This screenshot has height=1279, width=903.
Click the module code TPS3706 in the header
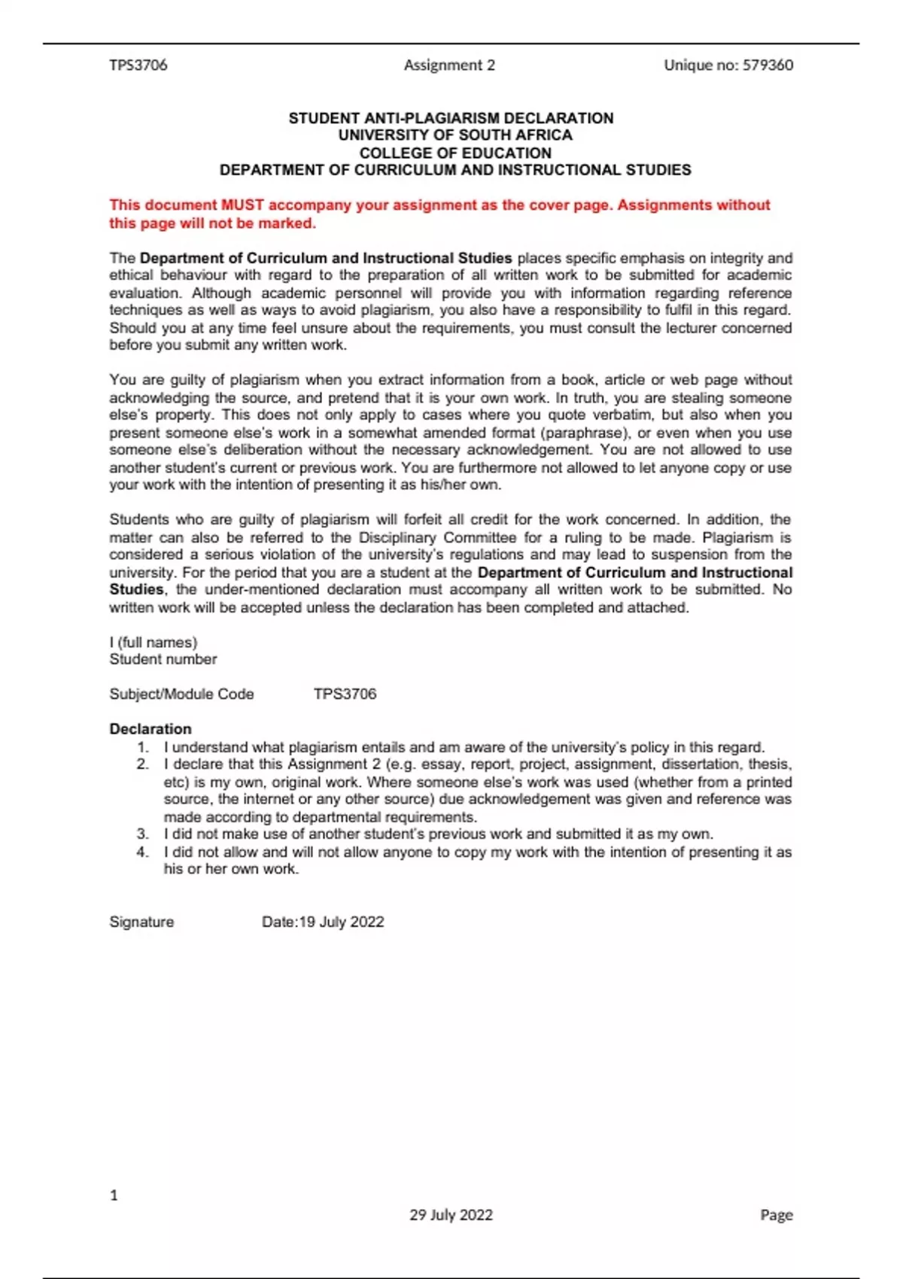click(x=138, y=65)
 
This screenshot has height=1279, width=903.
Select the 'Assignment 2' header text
click(x=449, y=65)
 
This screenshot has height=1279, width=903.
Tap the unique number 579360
click(x=768, y=65)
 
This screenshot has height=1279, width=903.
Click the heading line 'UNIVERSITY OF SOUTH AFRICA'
click(x=455, y=135)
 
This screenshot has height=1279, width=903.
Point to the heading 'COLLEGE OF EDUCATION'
click(x=455, y=153)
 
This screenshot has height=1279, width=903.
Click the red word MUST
click(x=242, y=205)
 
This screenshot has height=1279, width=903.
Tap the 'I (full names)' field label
click(x=154, y=643)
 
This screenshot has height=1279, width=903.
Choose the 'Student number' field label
click(x=163, y=660)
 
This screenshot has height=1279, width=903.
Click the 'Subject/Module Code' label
click(x=181, y=694)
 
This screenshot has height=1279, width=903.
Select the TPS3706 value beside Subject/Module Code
click(x=345, y=694)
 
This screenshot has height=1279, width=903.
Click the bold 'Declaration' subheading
click(x=150, y=729)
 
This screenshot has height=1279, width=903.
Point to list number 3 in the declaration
click(x=143, y=834)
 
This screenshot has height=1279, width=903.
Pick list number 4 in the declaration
click(x=143, y=852)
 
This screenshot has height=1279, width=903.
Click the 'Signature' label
click(x=141, y=922)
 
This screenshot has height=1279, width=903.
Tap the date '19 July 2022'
click(x=342, y=922)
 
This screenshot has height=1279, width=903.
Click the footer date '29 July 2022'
click(x=451, y=1215)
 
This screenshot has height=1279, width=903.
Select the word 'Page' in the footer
click(x=777, y=1215)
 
